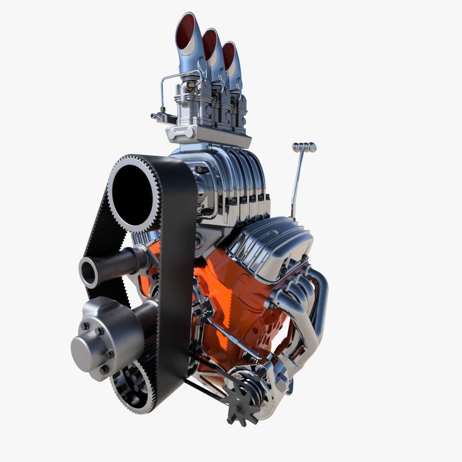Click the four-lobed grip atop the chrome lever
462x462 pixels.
[304, 146]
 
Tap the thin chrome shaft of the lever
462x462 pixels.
[296, 185]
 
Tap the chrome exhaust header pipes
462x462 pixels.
[308, 308]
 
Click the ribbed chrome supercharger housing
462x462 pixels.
[231, 181]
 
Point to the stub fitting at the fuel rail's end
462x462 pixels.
[153, 115]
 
